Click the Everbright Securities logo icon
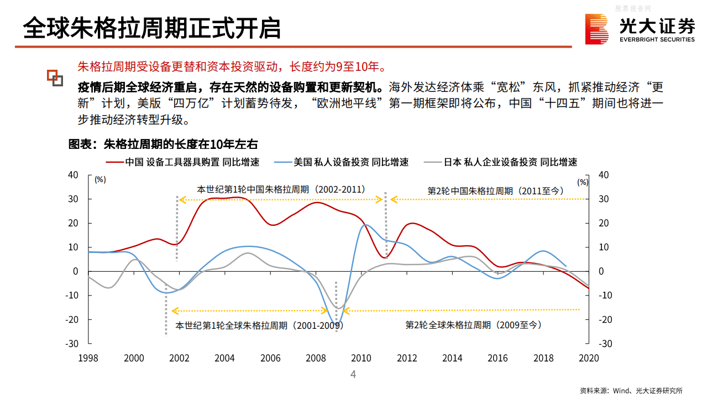click(x=597, y=29)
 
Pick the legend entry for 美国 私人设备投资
click(x=351, y=162)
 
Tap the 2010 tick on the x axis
click(x=362, y=358)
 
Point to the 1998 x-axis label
click(x=88, y=358)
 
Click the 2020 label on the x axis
click(x=588, y=358)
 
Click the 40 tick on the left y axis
click(x=73, y=175)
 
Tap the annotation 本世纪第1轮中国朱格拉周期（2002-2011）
click(x=281, y=189)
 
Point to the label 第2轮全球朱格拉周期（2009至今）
click(x=473, y=325)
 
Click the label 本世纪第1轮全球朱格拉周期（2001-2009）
click(x=259, y=325)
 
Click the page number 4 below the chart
click(x=353, y=375)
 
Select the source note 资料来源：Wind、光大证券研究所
click(x=631, y=390)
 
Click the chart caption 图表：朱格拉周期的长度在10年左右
click(x=163, y=144)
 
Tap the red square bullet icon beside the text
click(x=54, y=77)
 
